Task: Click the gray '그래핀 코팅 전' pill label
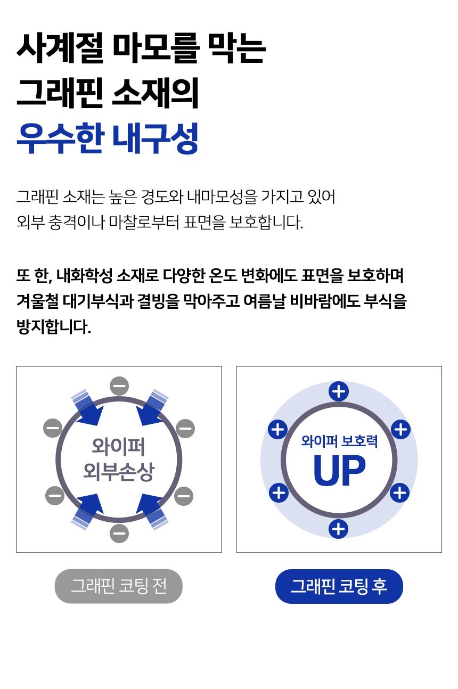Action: click(x=118, y=586)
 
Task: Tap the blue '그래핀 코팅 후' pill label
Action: click(x=339, y=586)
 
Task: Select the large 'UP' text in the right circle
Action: click(x=339, y=471)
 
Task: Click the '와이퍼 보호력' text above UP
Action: click(x=339, y=441)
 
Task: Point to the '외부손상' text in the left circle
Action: click(x=118, y=471)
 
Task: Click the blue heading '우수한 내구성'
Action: click(x=107, y=138)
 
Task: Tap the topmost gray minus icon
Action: click(x=119, y=385)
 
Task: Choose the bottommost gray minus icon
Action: click(x=119, y=532)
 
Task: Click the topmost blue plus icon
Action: click(x=339, y=391)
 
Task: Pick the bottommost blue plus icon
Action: click(x=339, y=529)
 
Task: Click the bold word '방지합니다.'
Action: click(x=54, y=326)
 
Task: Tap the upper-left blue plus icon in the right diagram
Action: click(x=277, y=429)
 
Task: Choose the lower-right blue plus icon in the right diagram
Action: click(x=399, y=493)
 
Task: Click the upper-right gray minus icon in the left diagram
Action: click(x=185, y=428)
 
